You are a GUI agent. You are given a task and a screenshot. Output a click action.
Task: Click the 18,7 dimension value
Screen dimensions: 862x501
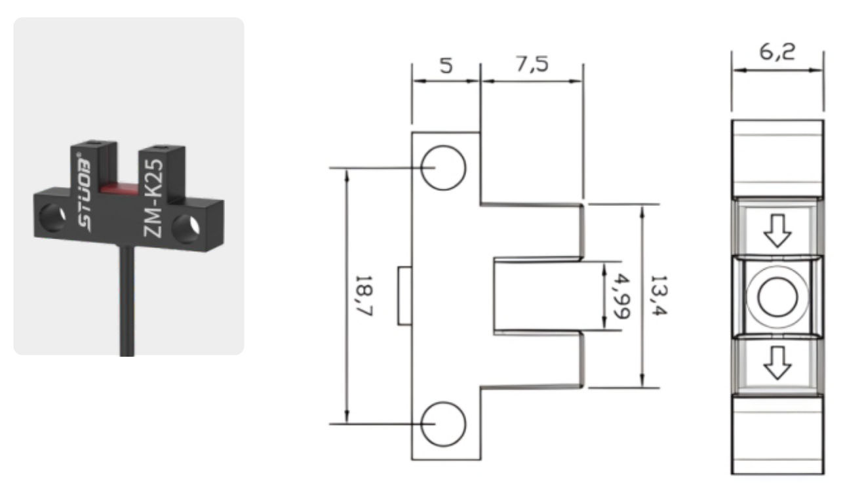pos(363,295)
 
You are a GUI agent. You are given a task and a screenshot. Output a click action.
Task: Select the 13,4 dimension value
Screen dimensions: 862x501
pos(658,295)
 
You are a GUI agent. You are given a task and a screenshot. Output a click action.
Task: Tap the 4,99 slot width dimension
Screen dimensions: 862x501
pos(621,296)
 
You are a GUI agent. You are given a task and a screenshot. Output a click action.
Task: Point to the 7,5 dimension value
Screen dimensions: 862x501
pos(532,64)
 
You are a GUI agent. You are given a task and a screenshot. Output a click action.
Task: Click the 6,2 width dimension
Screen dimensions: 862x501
pos(777,52)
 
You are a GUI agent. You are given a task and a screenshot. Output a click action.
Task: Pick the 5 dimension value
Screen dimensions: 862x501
pos(446,66)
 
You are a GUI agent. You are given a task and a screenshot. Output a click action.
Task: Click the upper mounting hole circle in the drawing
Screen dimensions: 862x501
pos(443,168)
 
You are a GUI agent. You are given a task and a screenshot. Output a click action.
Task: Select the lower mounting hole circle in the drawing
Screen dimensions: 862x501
pos(443,424)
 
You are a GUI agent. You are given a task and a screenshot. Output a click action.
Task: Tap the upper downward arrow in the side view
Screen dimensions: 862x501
pos(777,231)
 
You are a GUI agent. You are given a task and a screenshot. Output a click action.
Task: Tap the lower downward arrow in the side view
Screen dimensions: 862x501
pos(777,363)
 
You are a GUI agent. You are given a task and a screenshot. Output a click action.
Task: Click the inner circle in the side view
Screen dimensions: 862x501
pos(777,297)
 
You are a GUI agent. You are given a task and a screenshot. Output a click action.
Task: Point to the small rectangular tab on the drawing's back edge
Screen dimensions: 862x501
pos(405,296)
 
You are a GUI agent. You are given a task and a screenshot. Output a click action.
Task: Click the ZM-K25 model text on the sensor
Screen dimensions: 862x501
pos(153,198)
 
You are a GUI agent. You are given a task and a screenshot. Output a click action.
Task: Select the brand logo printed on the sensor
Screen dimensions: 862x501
pos(84,193)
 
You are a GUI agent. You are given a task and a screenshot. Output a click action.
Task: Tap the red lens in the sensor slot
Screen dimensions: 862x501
pos(119,188)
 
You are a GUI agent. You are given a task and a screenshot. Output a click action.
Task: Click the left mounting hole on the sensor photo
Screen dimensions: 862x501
pos(52,218)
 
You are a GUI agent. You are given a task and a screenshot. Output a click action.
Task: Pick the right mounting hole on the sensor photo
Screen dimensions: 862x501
pos(186,229)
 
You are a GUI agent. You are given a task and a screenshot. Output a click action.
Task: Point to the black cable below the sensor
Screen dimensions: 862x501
pos(127,302)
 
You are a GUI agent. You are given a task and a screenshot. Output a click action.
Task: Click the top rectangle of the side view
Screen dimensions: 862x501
pos(777,159)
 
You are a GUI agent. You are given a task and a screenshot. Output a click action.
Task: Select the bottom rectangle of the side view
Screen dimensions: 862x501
pos(777,434)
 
